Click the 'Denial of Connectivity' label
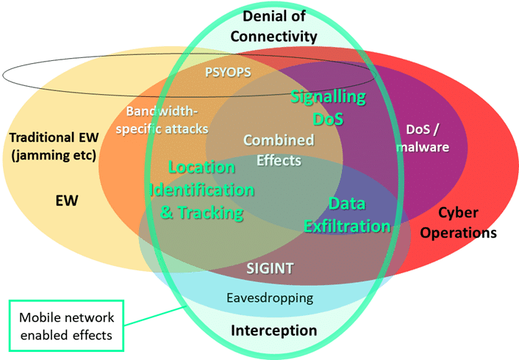click(274, 26)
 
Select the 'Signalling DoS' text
click(328, 107)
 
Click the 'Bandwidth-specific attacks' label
click(168, 120)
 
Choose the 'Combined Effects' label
click(279, 149)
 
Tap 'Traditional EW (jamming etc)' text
click(52, 146)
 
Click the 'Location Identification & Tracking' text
click(202, 190)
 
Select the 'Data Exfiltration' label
click(348, 215)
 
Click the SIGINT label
click(271, 269)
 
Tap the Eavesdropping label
click(268, 298)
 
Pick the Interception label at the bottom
click(273, 331)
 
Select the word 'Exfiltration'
click(348, 226)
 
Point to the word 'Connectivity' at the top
click(274, 35)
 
